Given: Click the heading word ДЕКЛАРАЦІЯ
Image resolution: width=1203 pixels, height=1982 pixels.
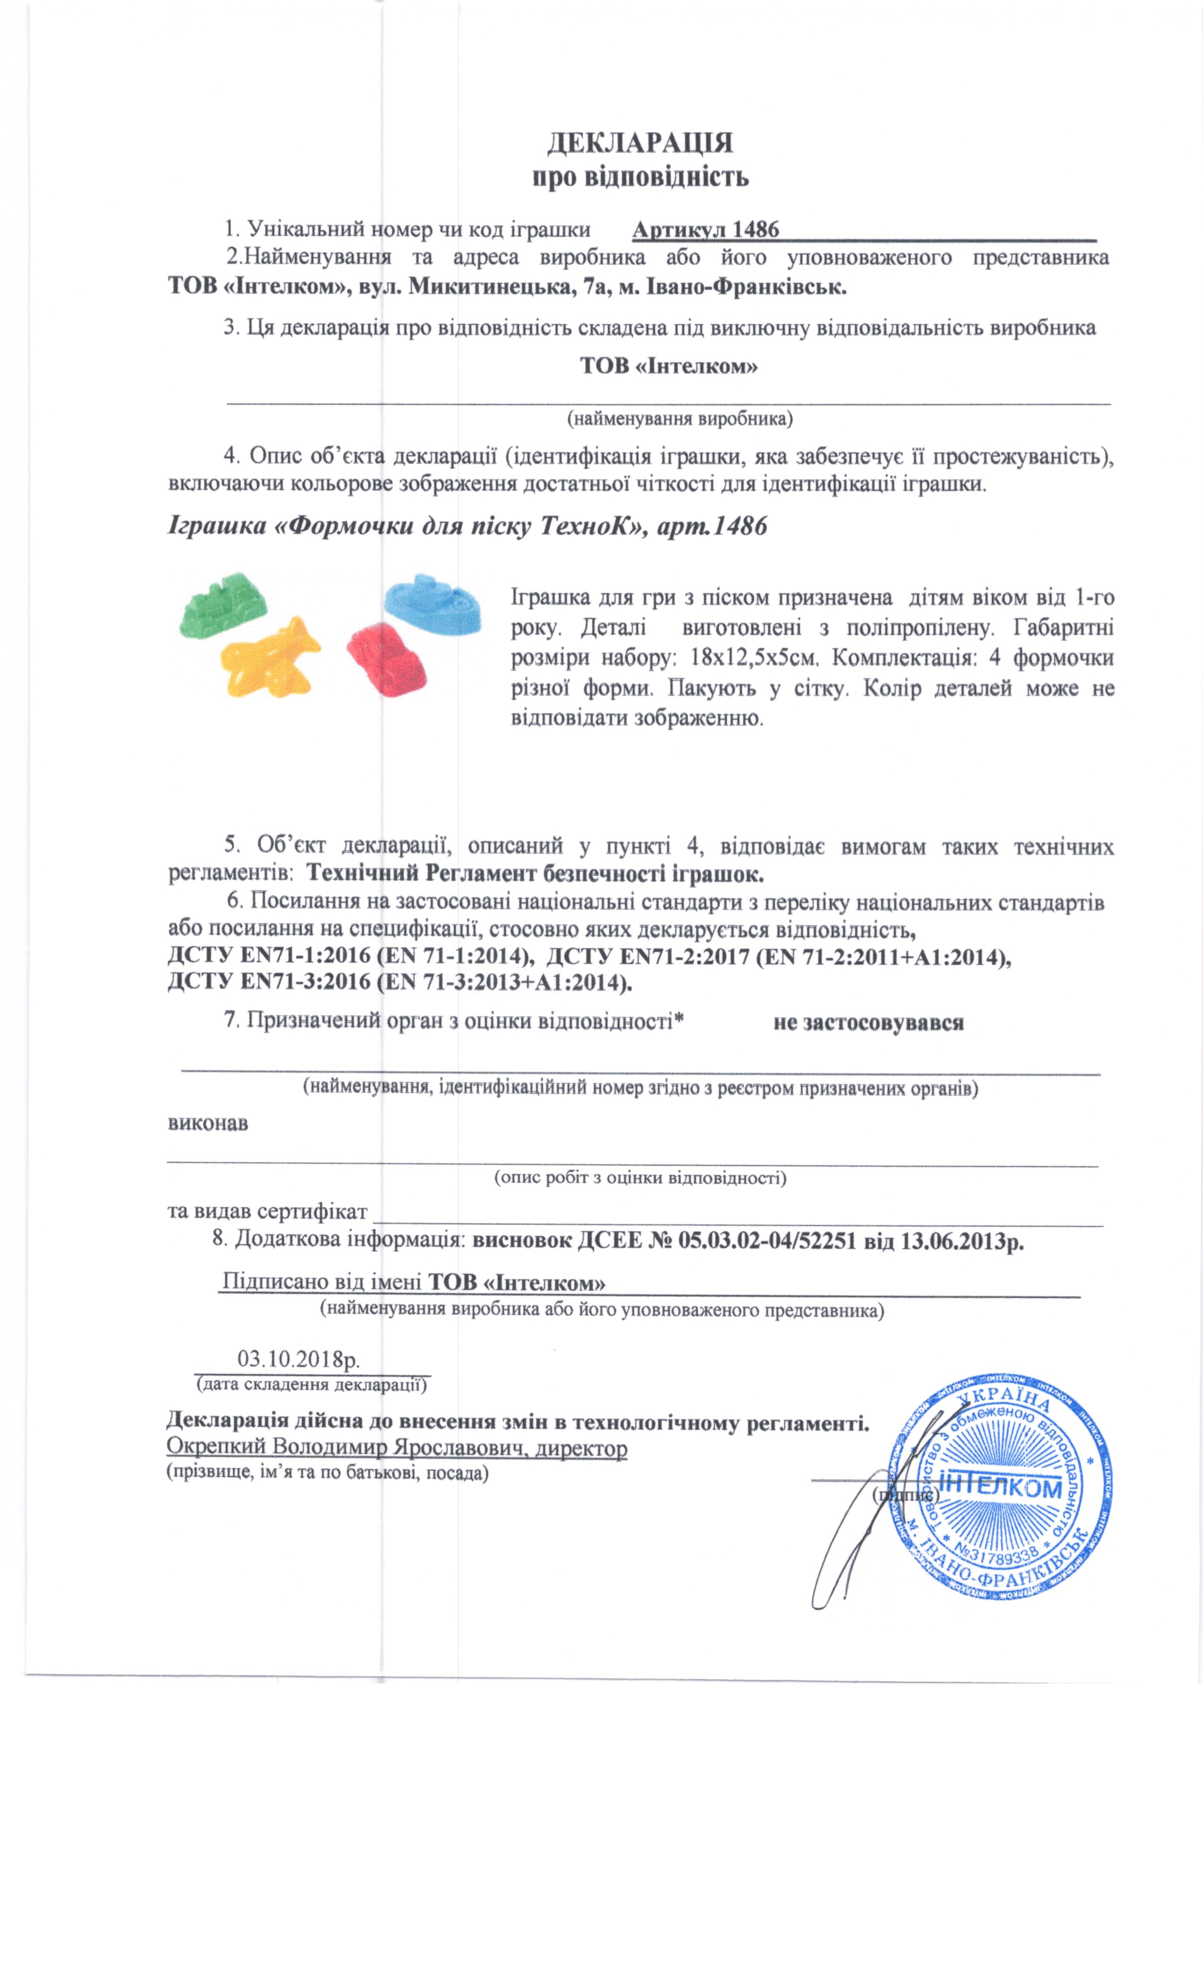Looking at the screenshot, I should click(640, 143).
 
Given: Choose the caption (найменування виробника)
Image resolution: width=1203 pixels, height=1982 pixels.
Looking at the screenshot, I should click(679, 418).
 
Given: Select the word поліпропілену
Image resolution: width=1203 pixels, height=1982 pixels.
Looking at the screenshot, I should click(921, 628).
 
